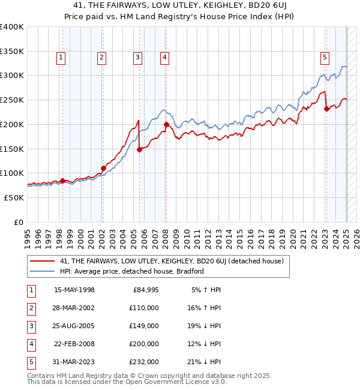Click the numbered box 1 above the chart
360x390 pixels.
(x=62, y=58)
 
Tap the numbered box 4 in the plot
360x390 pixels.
(x=164, y=58)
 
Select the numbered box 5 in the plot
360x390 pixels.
(x=325, y=58)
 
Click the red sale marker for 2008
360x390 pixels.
(x=166, y=125)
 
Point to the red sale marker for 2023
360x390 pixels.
(x=326, y=109)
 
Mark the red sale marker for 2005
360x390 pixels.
(x=140, y=150)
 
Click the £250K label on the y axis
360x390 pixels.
(x=12, y=100)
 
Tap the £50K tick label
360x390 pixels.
(x=14, y=197)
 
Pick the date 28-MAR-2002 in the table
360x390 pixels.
(x=74, y=307)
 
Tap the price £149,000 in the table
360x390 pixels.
(x=145, y=326)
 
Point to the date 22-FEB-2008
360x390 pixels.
(x=74, y=344)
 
